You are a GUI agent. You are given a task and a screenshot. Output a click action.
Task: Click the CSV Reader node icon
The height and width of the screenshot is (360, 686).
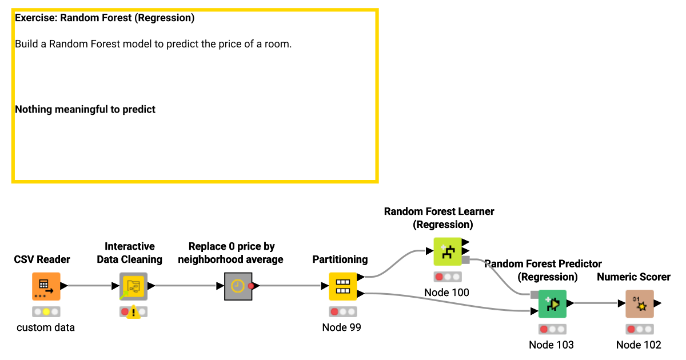[x=46, y=286]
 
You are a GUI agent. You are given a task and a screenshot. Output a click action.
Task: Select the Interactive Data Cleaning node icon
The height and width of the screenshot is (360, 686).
[x=133, y=286]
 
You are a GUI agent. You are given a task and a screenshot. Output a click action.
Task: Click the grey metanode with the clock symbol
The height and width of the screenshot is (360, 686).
[x=237, y=286]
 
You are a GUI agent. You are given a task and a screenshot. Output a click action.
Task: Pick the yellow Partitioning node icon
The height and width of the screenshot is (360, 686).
[x=342, y=286]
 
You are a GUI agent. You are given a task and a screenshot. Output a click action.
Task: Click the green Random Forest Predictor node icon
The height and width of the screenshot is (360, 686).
[x=552, y=304]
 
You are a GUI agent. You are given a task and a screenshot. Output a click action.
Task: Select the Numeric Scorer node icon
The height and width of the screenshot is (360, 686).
[x=639, y=304]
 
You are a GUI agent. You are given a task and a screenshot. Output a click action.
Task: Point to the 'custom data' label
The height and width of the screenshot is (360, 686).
[x=46, y=327]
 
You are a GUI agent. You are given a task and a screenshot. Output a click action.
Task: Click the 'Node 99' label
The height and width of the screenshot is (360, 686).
[x=342, y=327]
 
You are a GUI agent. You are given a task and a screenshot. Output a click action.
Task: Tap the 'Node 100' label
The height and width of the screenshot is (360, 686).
[x=446, y=293]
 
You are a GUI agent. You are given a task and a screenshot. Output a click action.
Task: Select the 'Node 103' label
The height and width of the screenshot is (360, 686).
[x=551, y=345]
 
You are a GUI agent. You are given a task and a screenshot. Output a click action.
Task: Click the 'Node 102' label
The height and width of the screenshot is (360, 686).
[x=639, y=345]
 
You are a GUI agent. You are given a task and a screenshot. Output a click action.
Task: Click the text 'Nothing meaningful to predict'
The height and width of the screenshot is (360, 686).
[x=85, y=109]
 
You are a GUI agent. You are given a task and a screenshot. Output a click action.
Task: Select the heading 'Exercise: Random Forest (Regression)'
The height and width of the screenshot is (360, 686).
[x=105, y=18]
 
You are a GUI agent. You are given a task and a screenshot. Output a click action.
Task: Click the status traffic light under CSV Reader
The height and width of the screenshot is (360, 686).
[x=46, y=312]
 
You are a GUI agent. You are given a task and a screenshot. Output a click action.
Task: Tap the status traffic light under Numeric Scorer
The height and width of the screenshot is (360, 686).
[x=639, y=329]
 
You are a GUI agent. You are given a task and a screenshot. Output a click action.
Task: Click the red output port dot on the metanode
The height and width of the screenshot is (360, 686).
[x=250, y=286]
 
